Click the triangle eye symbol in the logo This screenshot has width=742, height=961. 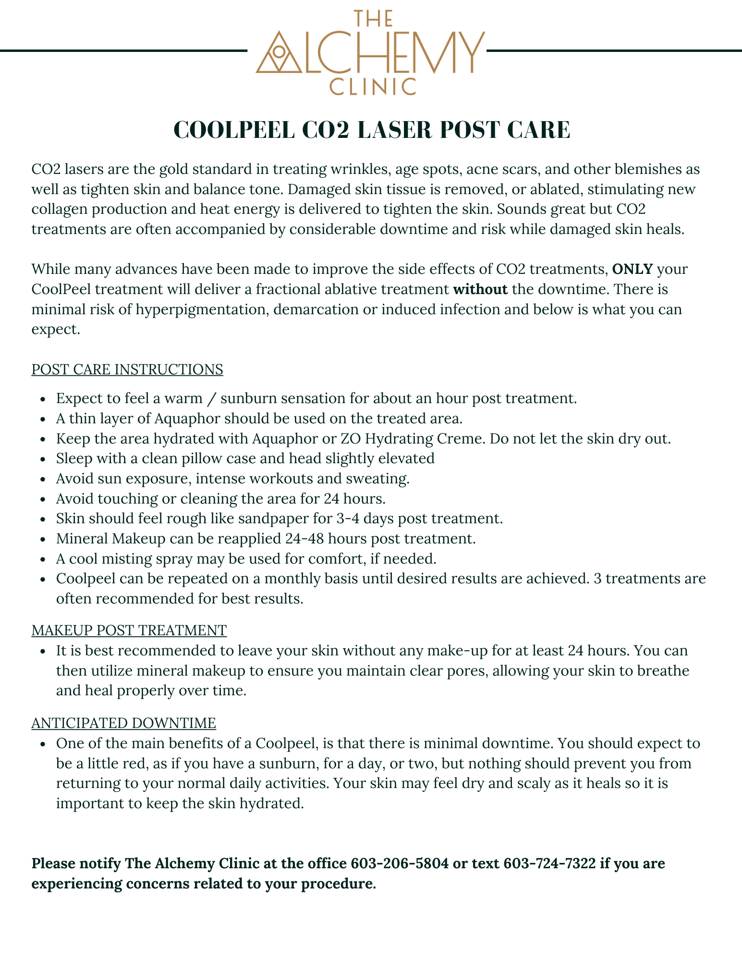click(x=278, y=54)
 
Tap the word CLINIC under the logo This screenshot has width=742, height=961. click(x=372, y=87)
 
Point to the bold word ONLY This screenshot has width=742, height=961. click(x=633, y=269)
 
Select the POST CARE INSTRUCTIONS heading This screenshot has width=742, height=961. click(x=127, y=369)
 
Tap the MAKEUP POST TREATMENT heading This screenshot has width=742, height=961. click(x=129, y=630)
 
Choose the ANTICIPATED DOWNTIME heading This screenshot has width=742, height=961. click(x=124, y=723)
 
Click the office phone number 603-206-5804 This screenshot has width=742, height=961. click(x=400, y=863)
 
